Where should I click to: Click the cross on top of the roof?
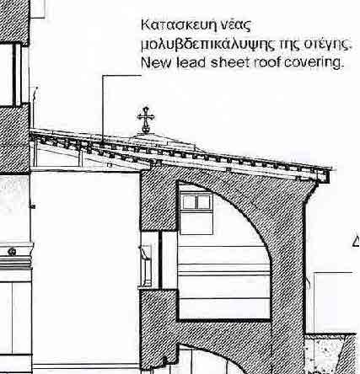pyautogui.click(x=146, y=120)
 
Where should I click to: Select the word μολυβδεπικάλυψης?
pyautogui.click(x=207, y=45)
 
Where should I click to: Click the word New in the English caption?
pyautogui.click(x=156, y=62)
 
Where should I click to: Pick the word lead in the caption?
pyautogui.click(x=191, y=62)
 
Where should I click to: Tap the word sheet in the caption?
pyautogui.click(x=230, y=62)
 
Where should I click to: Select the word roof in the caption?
pyautogui.click(x=267, y=62)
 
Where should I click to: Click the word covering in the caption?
pyautogui.click(x=314, y=63)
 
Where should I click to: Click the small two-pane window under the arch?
pyautogui.click(x=196, y=202)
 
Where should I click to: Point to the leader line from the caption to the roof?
pyautogui.click(x=103, y=107)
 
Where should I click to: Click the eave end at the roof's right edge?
pyautogui.click(x=324, y=176)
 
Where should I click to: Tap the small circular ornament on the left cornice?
pyautogui.click(x=12, y=252)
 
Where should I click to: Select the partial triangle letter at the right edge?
pyautogui.click(x=357, y=242)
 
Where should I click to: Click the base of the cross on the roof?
pyautogui.click(x=146, y=131)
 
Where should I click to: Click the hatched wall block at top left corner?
pyautogui.click(x=14, y=21)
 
